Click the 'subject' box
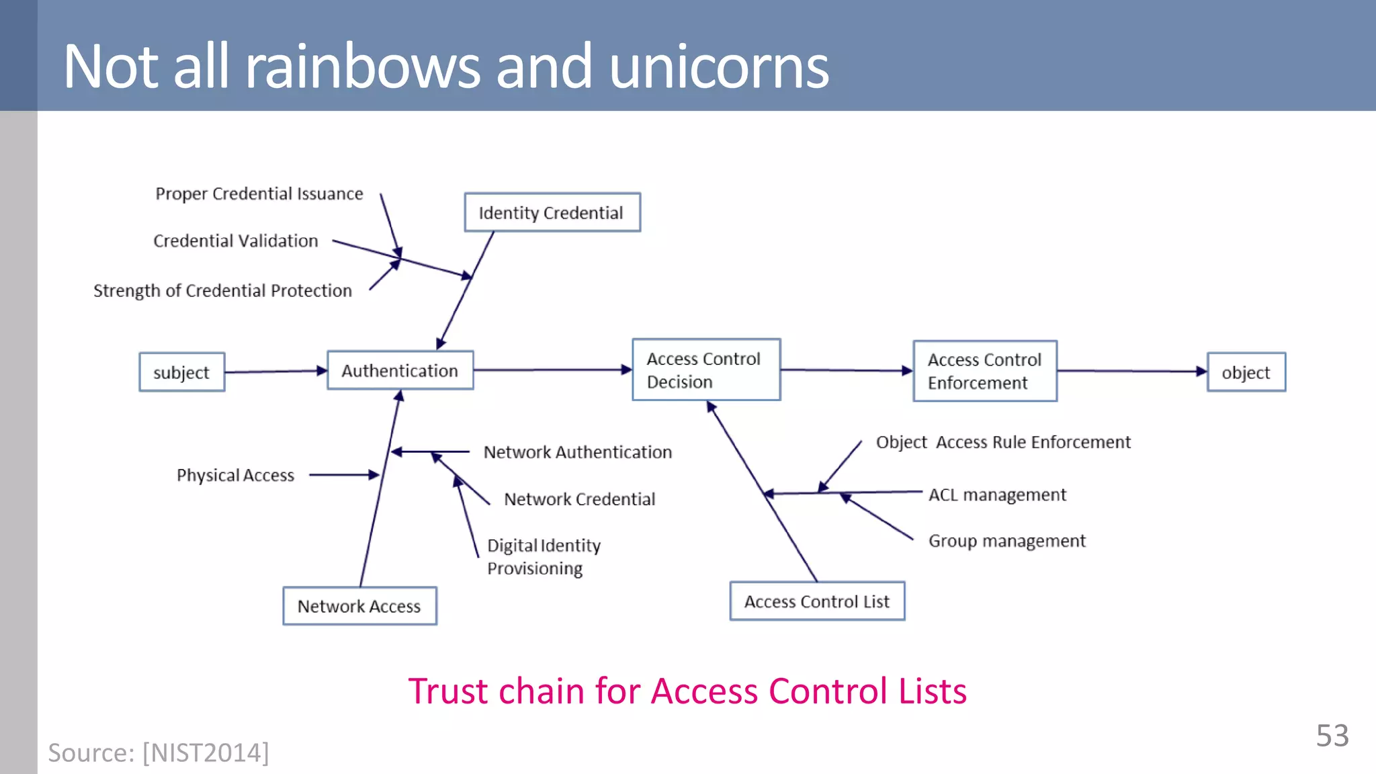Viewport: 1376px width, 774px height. coord(181,372)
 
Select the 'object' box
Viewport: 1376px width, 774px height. coord(1246,372)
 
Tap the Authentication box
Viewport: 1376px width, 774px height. coord(400,370)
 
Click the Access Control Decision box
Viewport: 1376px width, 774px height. coord(705,370)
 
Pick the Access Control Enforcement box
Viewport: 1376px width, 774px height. coord(984,371)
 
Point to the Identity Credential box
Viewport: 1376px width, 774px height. coord(552,212)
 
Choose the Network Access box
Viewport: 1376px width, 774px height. coord(359,606)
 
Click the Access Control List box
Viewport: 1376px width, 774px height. coord(817,601)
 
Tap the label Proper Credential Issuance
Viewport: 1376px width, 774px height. coord(259,193)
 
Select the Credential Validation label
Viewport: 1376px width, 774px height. coord(236,241)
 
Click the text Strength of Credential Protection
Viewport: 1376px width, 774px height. coord(222,290)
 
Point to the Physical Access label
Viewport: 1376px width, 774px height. coord(235,475)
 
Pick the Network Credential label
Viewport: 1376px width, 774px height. coord(579,499)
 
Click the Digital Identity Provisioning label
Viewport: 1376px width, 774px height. coord(543,556)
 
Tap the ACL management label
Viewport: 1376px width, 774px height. coord(997,494)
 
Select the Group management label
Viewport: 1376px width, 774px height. coord(1006,541)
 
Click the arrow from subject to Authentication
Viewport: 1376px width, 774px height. coord(275,371)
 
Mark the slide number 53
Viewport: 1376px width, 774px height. coord(1332,736)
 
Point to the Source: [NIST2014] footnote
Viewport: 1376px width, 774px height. coord(159,752)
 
